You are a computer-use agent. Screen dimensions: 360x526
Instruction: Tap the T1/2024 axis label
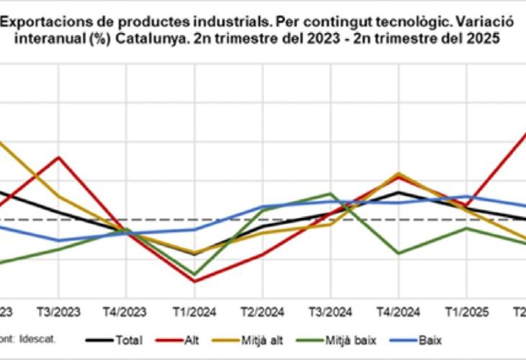pos(195,312)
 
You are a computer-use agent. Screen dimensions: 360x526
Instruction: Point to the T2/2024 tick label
pos(263,312)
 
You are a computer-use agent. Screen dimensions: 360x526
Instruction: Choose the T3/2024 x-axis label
pos(331,312)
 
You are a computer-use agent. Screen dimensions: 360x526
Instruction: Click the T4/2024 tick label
pos(398,312)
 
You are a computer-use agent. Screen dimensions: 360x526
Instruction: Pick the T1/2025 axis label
pos(466,312)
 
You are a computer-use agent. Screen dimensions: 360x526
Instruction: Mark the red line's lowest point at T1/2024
pos(195,281)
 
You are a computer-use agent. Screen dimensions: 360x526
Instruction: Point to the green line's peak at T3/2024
pos(331,194)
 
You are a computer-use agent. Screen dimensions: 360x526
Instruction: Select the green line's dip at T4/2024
pos(398,253)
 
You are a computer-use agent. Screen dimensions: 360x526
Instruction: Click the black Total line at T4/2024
pos(398,192)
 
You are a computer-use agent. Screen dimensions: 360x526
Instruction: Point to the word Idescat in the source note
pos(40,337)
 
